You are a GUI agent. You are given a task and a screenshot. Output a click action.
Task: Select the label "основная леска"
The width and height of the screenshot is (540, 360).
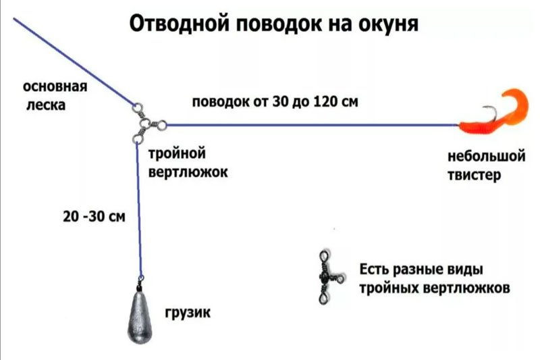[55, 96]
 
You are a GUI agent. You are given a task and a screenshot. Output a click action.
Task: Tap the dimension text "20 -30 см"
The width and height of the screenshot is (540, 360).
[93, 217]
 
